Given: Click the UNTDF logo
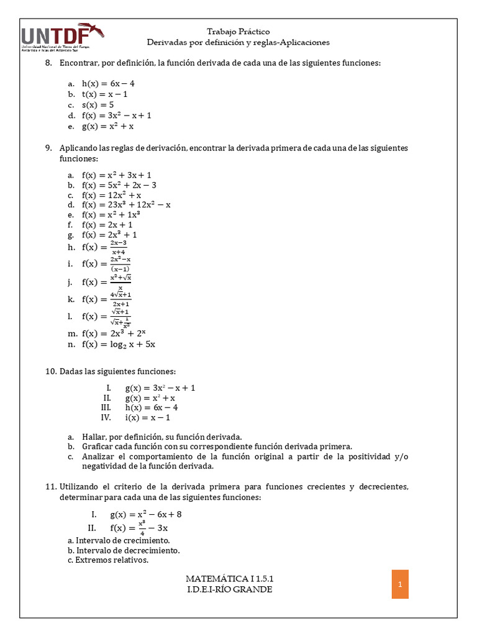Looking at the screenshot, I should coord(63,38).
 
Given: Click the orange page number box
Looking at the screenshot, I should coord(400,584).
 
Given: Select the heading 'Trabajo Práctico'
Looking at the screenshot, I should coord(238,31).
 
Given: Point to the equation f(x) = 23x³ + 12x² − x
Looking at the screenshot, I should coord(126,204).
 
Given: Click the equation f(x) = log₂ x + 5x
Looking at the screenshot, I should coord(118,343).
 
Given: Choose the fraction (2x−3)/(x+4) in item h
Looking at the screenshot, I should coord(118,247).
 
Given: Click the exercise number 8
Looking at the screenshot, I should coord(48,63).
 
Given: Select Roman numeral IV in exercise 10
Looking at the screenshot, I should coord(106,417).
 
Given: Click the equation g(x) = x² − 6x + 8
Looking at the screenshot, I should coord(146,514).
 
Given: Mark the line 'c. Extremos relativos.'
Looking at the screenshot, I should coord(108,560).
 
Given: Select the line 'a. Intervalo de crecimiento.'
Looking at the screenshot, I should coord(119,540).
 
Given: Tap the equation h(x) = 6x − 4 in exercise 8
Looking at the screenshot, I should coord(108,83).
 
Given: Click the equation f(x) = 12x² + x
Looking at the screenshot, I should coord(111,194).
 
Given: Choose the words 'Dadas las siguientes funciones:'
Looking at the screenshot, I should coord(118,371).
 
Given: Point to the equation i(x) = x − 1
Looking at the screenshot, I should coord(148,417).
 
